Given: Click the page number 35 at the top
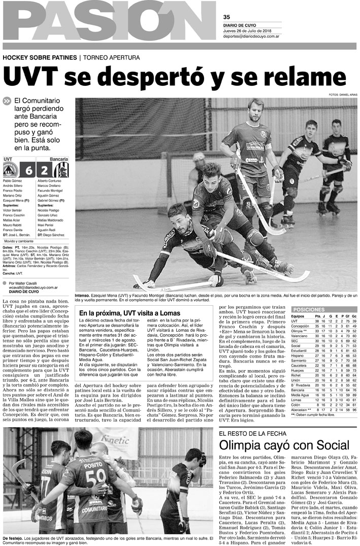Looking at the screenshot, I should tap(226, 16).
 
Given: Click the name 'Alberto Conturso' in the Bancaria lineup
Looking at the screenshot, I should tap(49, 181).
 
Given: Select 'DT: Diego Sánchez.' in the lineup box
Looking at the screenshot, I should tap(51, 235).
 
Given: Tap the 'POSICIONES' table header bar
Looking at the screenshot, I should tap(324, 309).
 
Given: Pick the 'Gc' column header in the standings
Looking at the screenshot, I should tap(353, 316).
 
